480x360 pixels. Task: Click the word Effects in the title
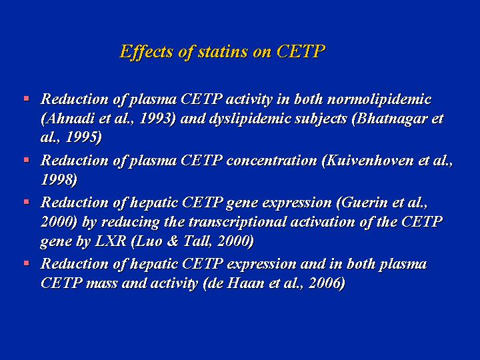pos(146,52)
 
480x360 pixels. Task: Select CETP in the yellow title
pos(300,51)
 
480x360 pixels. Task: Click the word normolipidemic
pos(379,99)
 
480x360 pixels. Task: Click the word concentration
pos(272,161)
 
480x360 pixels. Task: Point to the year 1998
pos(57,180)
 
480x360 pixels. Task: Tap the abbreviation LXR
pos(111,241)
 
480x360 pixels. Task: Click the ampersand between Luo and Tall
pos(173,241)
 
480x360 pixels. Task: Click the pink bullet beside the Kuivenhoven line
pos(27,160)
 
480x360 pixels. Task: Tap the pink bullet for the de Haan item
pos(27,263)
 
